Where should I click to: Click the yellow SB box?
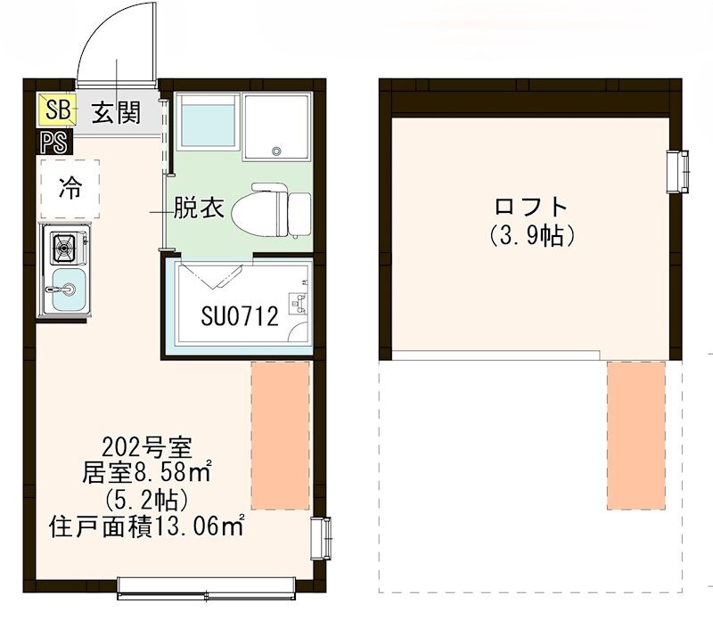click(57, 111)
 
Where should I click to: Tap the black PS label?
click(50, 141)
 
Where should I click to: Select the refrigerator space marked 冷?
click(70, 188)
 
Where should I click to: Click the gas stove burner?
click(65, 246)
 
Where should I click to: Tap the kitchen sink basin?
click(66, 290)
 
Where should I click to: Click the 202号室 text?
click(154, 445)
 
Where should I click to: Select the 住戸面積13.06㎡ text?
click(147, 526)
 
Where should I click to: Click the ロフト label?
click(531, 208)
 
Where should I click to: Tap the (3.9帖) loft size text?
click(531, 237)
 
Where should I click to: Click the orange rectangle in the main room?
click(281, 435)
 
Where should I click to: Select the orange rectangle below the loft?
click(637, 435)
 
